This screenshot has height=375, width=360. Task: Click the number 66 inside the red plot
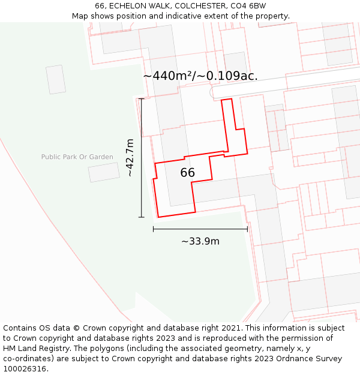pos(188,173)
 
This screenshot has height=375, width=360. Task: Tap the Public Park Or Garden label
pos(77,157)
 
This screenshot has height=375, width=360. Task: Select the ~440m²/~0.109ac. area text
pos(200,76)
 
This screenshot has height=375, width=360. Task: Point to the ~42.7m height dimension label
pos(129,158)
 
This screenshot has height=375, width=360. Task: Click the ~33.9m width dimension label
pos(200,241)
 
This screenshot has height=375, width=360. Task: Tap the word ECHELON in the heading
pos(130,6)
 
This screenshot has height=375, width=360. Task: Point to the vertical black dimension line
pos(142,158)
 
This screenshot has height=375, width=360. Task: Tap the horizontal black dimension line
pos(200,229)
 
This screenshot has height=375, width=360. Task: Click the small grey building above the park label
pos(56,79)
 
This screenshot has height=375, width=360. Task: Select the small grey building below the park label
pos(104,172)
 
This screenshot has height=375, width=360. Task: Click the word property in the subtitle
pos(270,16)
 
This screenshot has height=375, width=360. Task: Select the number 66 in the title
pos(100,6)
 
